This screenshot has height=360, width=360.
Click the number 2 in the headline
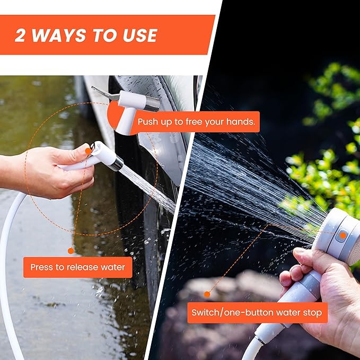pos(20,36)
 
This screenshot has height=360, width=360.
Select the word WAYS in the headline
pos(58,36)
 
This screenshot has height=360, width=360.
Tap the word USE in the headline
pos(140,36)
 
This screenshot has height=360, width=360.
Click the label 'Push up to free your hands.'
pos(196,122)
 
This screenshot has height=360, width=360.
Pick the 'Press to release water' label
pos(77,267)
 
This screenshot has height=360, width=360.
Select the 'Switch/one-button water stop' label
pos(257,312)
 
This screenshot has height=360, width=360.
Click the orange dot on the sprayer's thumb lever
pos(88,151)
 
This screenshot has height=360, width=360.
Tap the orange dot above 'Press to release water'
pos(71,251)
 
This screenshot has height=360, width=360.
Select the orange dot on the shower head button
pos(343,235)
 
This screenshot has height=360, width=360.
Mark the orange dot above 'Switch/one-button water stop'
pos(207,294)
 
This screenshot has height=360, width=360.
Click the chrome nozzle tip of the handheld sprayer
pos(118,163)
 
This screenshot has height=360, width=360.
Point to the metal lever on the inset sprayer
pos(104,93)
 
